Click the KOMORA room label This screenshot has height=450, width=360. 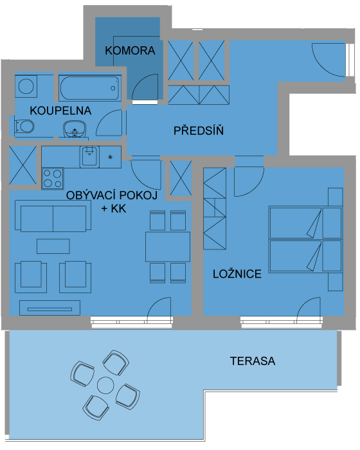(x=130, y=51)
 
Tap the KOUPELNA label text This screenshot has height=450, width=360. (x=60, y=111)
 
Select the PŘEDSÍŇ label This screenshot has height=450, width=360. (x=199, y=130)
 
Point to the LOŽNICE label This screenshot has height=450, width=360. (x=237, y=274)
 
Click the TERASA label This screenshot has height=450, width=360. (x=253, y=361)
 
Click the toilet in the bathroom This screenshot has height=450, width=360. (x=24, y=126)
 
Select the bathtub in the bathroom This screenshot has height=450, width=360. (x=90, y=88)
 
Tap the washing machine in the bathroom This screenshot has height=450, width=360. (x=26, y=86)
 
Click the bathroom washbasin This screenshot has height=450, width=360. (x=75, y=130)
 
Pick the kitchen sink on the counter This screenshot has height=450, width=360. (x=89, y=157)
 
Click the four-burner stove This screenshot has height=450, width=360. (x=53, y=179)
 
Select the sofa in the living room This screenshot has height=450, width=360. (x=53, y=216)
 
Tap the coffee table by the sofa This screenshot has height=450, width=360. (x=53, y=246)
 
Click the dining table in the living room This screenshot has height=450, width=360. (x=168, y=247)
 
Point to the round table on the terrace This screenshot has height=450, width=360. (x=105, y=386)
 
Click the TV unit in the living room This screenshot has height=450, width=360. (x=50, y=308)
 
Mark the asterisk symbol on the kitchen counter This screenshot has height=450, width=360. (x=110, y=157)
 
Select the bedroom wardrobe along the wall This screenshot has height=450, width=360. (x=215, y=209)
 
